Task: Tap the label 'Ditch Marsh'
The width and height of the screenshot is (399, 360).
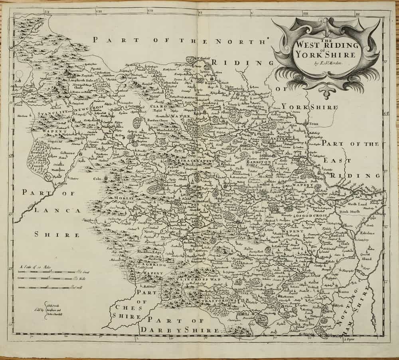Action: pos(348,210)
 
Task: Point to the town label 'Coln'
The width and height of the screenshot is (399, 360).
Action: pos(98,179)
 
